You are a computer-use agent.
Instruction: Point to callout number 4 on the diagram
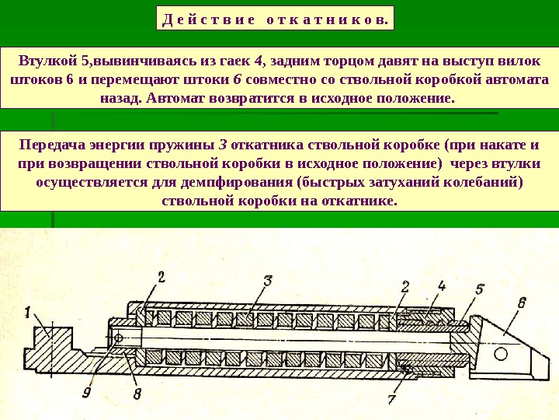(x=442, y=285)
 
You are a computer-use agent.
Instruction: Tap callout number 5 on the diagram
(x=480, y=290)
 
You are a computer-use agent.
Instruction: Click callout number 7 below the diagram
(x=392, y=399)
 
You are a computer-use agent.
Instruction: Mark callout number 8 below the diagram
(x=137, y=394)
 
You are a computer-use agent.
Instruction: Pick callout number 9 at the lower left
(x=87, y=393)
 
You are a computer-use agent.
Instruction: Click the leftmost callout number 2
(x=161, y=276)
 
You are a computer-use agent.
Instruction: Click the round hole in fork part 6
(x=500, y=354)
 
